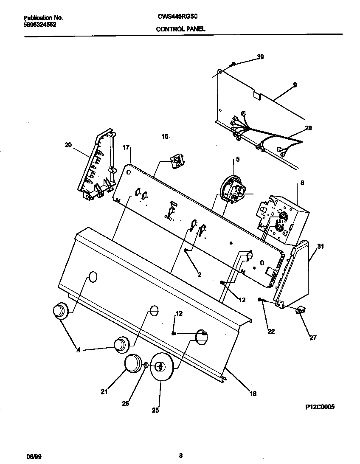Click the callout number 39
pyautogui.click(x=260, y=57)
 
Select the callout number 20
pyautogui.click(x=68, y=145)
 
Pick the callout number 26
pyautogui.click(x=126, y=403)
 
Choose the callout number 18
pyautogui.click(x=253, y=394)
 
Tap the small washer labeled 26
pyautogui.click(x=146, y=365)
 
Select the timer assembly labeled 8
pyautogui.click(x=278, y=219)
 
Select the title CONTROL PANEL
pyautogui.click(x=180, y=29)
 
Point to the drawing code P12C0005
pyautogui.click(x=320, y=407)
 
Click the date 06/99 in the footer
pyautogui.click(x=34, y=456)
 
